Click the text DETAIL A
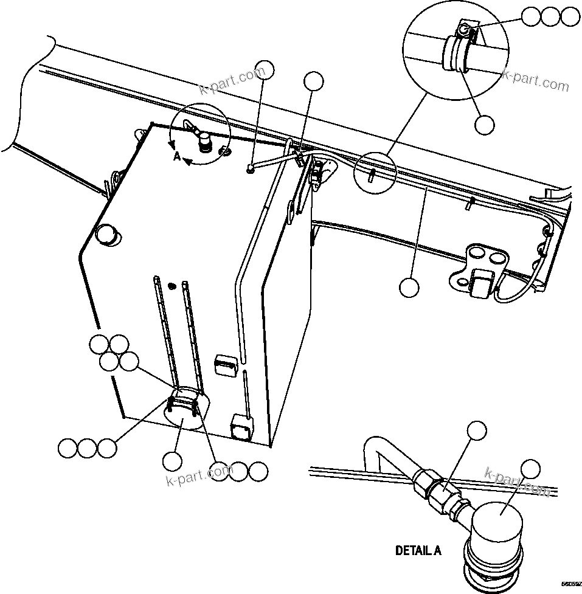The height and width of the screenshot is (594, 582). click(x=418, y=551)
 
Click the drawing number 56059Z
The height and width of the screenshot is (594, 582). click(x=570, y=584)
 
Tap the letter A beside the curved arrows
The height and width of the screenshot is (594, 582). click(x=176, y=157)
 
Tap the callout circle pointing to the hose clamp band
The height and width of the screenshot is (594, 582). click(x=485, y=124)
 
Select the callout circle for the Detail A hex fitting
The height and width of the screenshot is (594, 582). click(x=477, y=431)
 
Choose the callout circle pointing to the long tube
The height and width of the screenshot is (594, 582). click(x=409, y=287)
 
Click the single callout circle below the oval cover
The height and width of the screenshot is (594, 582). click(x=173, y=461)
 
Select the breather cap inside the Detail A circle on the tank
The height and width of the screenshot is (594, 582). click(x=205, y=144)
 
